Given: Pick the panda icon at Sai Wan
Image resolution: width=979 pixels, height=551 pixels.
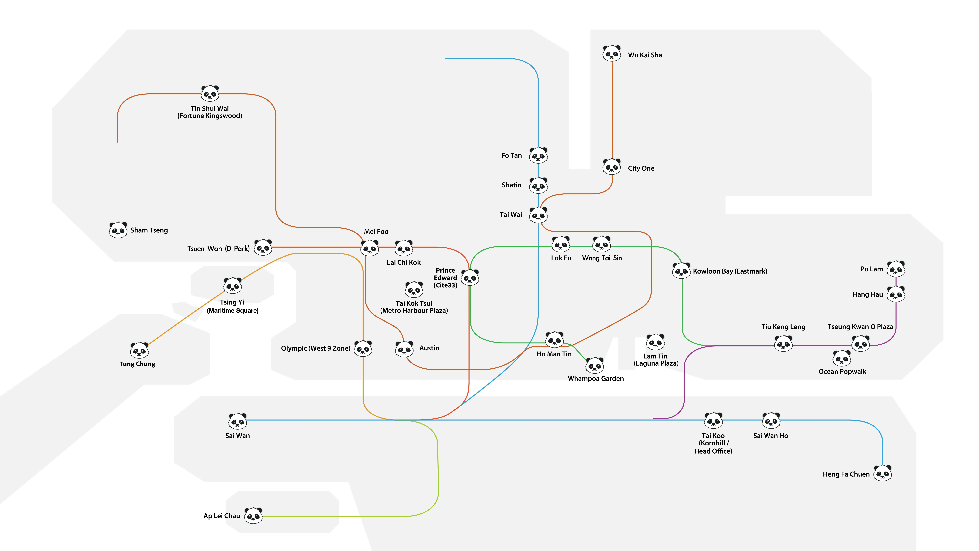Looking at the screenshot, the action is pyautogui.click(x=238, y=421).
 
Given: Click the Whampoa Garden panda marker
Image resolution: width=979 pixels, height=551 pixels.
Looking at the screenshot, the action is pyautogui.click(x=594, y=365).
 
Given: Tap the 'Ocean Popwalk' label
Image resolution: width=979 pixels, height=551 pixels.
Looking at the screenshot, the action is pyautogui.click(x=842, y=371).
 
